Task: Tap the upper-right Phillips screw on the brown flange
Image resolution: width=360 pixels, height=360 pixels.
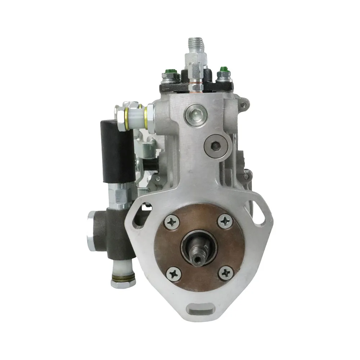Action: point(226,221)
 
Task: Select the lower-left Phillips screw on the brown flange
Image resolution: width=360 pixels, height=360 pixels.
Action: point(174,274)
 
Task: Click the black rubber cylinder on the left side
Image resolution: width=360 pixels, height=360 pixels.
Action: point(118,151)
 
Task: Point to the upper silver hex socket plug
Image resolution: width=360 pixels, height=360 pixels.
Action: point(193,114)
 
